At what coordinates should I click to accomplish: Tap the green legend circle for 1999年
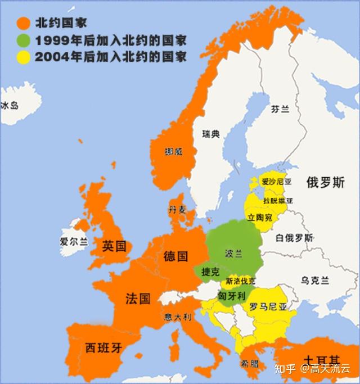tap(23, 40)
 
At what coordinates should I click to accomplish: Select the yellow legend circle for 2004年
tap(23, 57)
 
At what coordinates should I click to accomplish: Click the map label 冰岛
tap(10, 105)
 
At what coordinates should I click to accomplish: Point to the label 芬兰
tap(280, 110)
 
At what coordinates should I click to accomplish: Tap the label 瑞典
tap(211, 134)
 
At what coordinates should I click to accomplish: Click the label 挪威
tap(173, 152)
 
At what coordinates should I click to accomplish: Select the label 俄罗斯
tap(326, 182)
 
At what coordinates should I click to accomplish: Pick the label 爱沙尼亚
tap(277, 182)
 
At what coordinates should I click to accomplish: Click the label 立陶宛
tap(260, 217)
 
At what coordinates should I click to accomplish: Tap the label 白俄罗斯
tap(295, 237)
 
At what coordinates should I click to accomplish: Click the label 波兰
tap(233, 254)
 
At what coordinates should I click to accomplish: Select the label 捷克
tap(210, 272)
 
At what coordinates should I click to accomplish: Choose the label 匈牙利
tap(231, 295)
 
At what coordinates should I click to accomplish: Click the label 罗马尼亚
tap(268, 308)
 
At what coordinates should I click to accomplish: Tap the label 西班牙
tap(103, 347)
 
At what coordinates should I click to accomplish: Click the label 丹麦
tap(177, 210)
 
